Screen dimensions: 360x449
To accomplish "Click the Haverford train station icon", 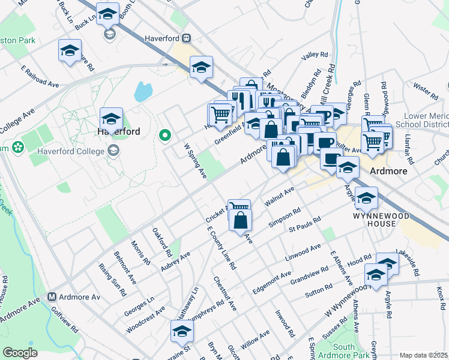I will pos(187,37).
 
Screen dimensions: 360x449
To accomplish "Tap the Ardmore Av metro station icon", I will pos(52,296).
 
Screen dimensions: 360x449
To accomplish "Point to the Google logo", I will pos(20,353).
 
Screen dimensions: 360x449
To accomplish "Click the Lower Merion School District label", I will pos(415,120).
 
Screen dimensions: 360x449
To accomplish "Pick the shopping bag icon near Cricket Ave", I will pos(240,220).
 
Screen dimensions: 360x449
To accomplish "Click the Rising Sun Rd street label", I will pos(113,279).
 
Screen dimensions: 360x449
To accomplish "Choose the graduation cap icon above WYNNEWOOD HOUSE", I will pos(366,197).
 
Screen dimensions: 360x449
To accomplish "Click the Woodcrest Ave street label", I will pos(145,320).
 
